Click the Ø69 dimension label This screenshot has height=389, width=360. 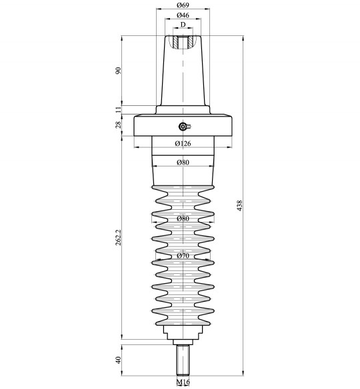point(182,5)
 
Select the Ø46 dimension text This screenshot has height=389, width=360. point(182,15)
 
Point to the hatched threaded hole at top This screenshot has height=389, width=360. point(183,42)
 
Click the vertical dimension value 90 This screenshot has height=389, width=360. point(119,71)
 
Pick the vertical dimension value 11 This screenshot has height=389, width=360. point(119,109)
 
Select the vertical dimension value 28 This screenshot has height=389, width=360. point(119,125)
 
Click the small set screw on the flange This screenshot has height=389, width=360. point(184,127)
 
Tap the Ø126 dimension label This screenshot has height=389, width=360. point(183,143)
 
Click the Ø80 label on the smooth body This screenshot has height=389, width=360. point(183,163)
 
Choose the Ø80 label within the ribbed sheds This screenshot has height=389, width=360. point(183,218)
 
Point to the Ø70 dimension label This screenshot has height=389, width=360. point(183,255)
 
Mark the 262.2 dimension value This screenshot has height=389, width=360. point(119,238)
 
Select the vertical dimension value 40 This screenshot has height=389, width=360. point(119,360)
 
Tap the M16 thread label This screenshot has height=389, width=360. point(183,382)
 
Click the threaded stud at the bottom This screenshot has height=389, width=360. point(183,360)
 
